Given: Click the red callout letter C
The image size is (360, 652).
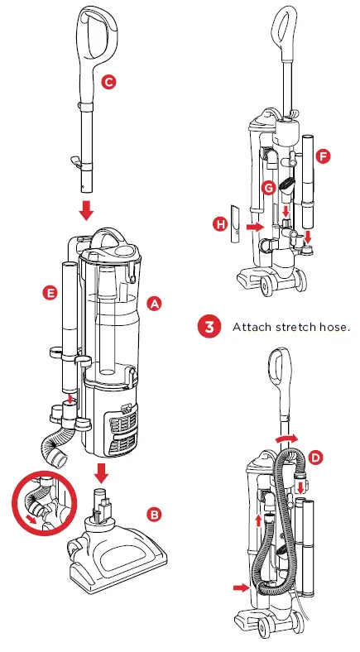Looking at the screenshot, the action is [108, 82].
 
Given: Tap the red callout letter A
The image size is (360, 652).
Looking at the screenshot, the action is [154, 304].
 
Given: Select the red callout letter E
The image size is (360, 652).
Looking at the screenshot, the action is [50, 293].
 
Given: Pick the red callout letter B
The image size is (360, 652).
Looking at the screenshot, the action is [154, 515].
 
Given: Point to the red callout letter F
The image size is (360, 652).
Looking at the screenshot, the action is [324, 156].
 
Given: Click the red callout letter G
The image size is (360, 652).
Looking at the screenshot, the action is [269, 188].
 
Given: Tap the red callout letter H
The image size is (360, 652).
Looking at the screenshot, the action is [220, 225].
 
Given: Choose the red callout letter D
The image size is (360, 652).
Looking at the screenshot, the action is [316, 458].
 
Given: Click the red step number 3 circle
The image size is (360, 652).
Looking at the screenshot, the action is [209, 327].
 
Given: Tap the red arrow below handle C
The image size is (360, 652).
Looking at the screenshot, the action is [86, 209].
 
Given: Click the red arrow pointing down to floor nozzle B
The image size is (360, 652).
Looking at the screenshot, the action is [101, 472].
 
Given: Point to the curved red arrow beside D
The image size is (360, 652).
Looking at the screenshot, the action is [287, 438].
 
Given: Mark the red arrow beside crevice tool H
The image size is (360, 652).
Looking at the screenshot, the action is [255, 227].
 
